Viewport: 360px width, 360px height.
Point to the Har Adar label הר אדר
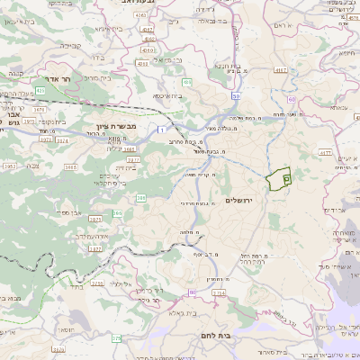point(43,79)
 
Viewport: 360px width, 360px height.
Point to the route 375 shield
point(115,338)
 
